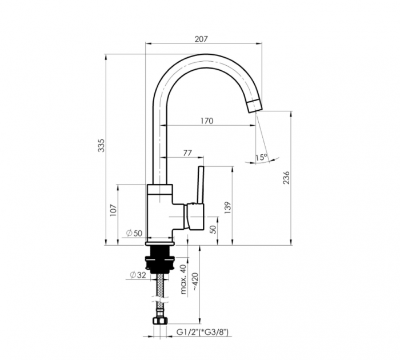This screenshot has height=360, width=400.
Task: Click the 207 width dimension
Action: [x=201, y=39]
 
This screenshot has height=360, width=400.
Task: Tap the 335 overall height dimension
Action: [x=102, y=146]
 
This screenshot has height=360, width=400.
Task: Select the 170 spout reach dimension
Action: [x=206, y=121]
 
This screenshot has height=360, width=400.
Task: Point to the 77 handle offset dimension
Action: [x=187, y=153]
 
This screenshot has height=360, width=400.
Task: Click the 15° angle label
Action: [x=261, y=157]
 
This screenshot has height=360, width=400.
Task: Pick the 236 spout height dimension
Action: [x=287, y=178]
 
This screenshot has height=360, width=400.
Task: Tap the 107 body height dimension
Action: [x=113, y=210]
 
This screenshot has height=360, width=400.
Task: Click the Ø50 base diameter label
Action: [x=134, y=233]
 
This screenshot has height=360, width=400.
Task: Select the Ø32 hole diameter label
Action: [x=138, y=275]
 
